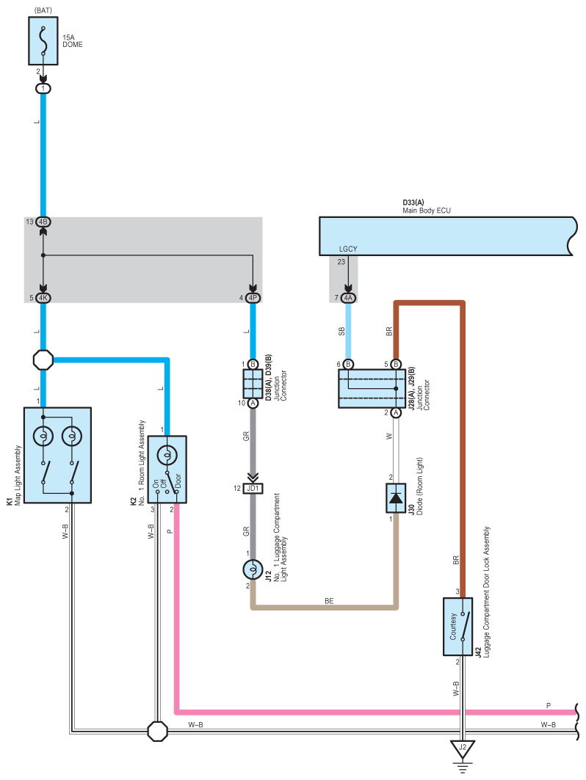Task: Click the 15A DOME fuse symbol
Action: [43, 41]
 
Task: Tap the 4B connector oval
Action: [43, 222]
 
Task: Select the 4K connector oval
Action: [43, 298]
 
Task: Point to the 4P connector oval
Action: [253, 298]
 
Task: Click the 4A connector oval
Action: [348, 298]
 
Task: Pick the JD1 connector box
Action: [253, 489]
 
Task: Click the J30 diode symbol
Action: [396, 498]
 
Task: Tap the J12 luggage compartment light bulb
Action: [253, 569]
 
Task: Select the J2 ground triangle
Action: [463, 748]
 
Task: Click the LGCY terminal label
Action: [348, 249]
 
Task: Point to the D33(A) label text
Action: [413, 203]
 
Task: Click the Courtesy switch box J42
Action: [458, 627]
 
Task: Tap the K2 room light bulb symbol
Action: [167, 455]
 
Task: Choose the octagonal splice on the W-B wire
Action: [158, 732]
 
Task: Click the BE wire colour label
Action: [329, 601]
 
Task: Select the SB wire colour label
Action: [341, 332]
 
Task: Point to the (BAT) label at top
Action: [43, 10]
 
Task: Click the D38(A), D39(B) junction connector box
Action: [253, 384]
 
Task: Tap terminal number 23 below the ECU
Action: [341, 262]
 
